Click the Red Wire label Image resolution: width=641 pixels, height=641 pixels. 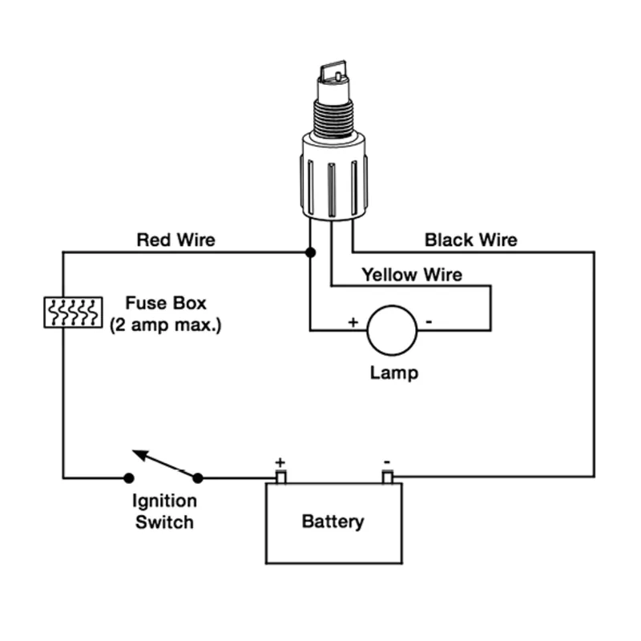[175, 240]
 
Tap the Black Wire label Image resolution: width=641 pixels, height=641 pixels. [471, 240]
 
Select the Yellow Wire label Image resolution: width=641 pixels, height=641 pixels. [412, 275]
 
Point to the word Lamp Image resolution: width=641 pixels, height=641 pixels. [394, 373]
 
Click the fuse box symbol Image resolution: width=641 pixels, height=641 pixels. [73, 312]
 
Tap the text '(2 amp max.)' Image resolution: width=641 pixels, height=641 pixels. [166, 325]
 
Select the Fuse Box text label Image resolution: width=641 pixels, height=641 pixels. [166, 303]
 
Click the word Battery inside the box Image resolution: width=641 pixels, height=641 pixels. [333, 522]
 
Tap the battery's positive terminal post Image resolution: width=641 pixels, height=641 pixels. [281, 477]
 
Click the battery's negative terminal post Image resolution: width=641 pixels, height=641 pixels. [388, 477]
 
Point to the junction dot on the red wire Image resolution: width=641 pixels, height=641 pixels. [310, 252]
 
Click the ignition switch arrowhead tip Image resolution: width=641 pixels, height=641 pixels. [133, 451]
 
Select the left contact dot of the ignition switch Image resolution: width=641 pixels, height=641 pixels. [129, 478]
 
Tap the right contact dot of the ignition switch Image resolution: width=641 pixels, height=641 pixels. [198, 478]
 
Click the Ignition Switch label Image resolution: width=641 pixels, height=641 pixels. [164, 511]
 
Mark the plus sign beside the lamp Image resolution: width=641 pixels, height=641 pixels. [353, 322]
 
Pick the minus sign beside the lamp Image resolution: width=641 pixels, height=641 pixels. [429, 322]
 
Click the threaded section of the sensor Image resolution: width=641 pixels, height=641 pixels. [333, 119]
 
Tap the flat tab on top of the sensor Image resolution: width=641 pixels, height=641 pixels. [333, 72]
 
